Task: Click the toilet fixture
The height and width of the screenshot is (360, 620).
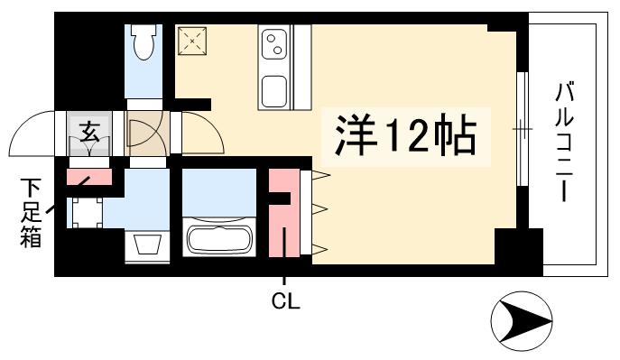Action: [x=144, y=42]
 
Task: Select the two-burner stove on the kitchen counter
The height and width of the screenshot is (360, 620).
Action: [x=275, y=42]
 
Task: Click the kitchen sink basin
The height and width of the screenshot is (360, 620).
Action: [x=275, y=90]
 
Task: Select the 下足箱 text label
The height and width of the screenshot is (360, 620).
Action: [x=32, y=213]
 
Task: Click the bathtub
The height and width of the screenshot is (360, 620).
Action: [x=220, y=240]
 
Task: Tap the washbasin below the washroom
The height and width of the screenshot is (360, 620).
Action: [x=145, y=245]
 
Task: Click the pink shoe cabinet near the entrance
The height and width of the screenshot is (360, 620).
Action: [x=89, y=178]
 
